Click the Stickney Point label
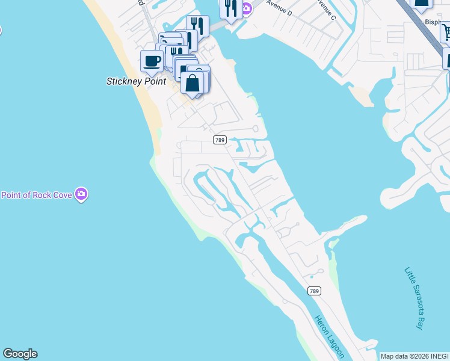(x=136, y=81)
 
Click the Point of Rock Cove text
(x=36, y=195)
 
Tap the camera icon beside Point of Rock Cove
(x=82, y=194)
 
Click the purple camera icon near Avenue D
(x=247, y=8)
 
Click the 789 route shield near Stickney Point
(x=220, y=140)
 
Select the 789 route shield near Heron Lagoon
(x=314, y=291)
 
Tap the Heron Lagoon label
(x=329, y=336)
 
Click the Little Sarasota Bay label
(x=414, y=298)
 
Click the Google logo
(x=20, y=354)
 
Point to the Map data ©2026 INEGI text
(x=415, y=356)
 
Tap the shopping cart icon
(x=446, y=31)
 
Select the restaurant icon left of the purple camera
(x=230, y=8)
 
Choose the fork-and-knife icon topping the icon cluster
(x=197, y=25)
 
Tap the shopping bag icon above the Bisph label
(x=422, y=3)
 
